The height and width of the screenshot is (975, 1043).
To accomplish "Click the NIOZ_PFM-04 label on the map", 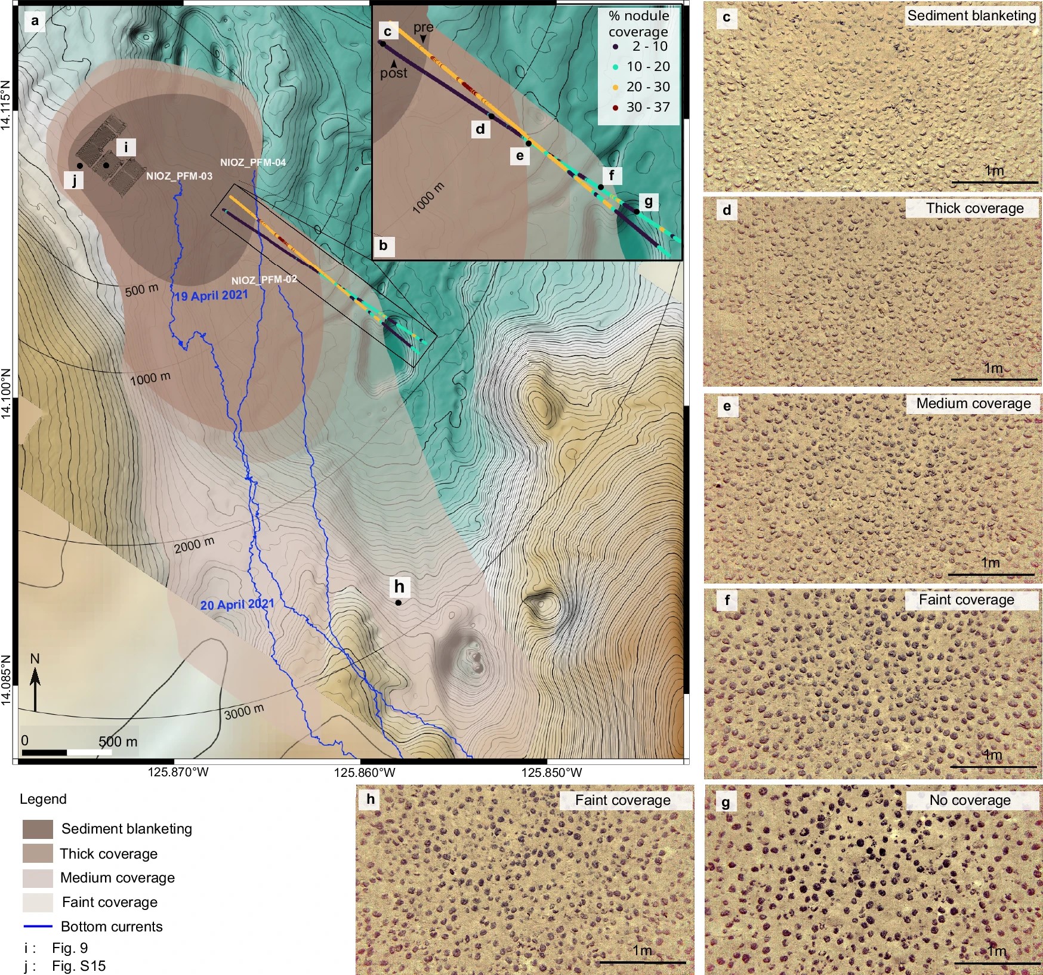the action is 252,162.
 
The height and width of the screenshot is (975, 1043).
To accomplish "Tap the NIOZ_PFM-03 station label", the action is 179,176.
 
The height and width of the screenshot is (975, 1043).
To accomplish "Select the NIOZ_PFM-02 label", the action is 264,280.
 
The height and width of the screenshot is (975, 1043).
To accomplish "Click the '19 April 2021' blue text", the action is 211,295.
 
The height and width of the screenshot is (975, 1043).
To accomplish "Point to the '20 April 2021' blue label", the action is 237,604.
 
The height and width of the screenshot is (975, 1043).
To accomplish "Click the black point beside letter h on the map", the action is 398,603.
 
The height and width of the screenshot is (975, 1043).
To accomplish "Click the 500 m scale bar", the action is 67,752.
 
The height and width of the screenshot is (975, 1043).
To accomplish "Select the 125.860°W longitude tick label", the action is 365,773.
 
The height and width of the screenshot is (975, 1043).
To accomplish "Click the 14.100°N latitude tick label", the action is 7,393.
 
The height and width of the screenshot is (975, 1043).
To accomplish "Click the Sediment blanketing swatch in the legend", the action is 38,829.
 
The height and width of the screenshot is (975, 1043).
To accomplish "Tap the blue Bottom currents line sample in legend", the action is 38,927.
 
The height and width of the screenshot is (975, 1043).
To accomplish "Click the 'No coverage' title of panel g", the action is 970,800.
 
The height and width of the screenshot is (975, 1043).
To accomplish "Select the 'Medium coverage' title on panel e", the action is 973,404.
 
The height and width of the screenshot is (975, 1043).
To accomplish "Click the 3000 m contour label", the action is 244,711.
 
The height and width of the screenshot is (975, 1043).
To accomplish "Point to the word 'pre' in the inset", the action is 423,27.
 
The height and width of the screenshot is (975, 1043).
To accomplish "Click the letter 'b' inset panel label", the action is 383,245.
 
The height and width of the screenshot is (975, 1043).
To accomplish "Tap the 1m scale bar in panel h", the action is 642,961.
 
